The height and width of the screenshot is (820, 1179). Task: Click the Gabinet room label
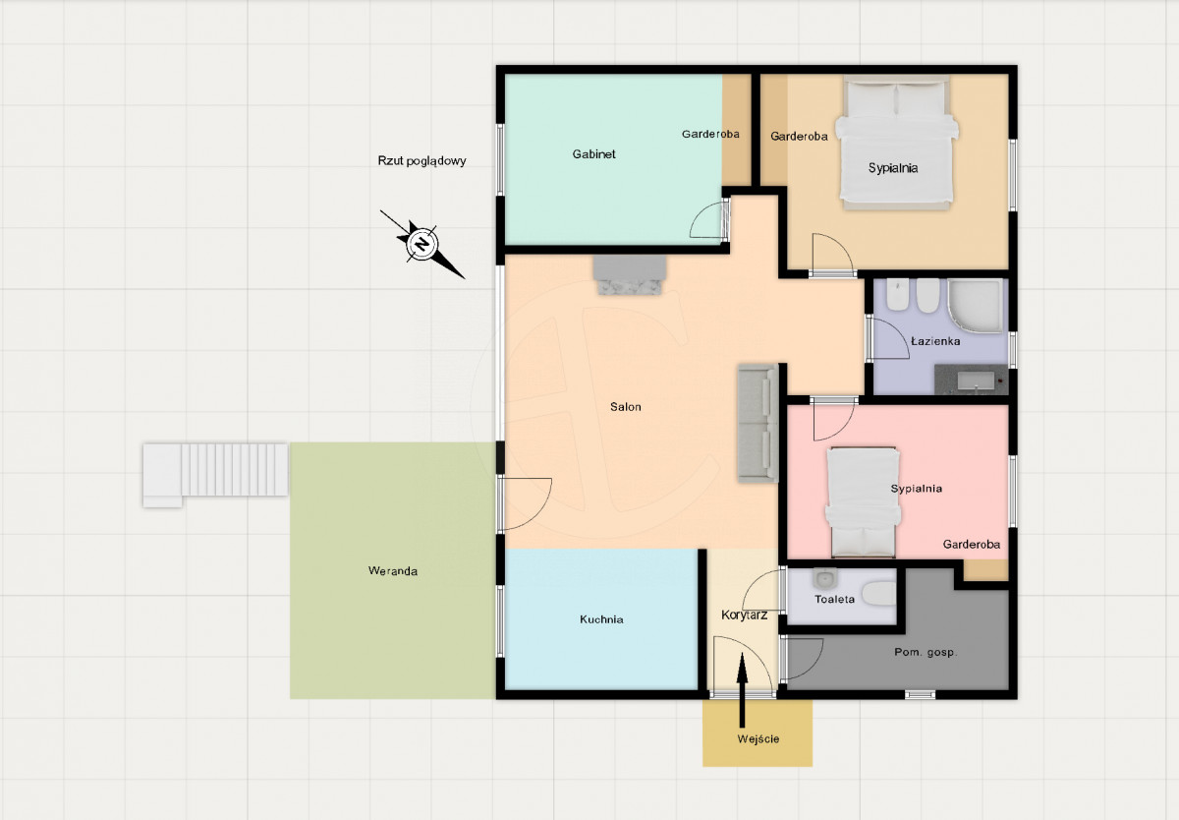click(593, 154)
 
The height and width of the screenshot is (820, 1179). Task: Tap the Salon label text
click(625, 407)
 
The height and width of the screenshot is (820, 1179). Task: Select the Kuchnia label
click(601, 619)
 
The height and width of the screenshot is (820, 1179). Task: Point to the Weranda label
click(393, 571)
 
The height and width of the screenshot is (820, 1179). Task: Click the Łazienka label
click(935, 341)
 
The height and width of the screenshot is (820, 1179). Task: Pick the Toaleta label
click(834, 599)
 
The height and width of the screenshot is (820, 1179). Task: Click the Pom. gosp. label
click(926, 653)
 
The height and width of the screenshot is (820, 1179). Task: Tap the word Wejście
click(758, 739)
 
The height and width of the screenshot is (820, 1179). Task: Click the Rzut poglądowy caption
click(421, 160)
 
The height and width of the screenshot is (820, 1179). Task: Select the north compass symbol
click(422, 244)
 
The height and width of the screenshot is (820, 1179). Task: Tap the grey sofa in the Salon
click(758, 423)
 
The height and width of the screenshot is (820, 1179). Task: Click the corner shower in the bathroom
click(976, 307)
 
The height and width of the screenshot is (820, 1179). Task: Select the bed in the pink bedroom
click(863, 502)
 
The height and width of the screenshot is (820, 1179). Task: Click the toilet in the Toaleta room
click(879, 593)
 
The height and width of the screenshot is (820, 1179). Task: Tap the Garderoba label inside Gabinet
click(710, 135)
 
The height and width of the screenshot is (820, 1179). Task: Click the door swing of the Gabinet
click(708, 220)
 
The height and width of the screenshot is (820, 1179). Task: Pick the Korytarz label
click(744, 615)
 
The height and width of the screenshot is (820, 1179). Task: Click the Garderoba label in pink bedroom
click(971, 545)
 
